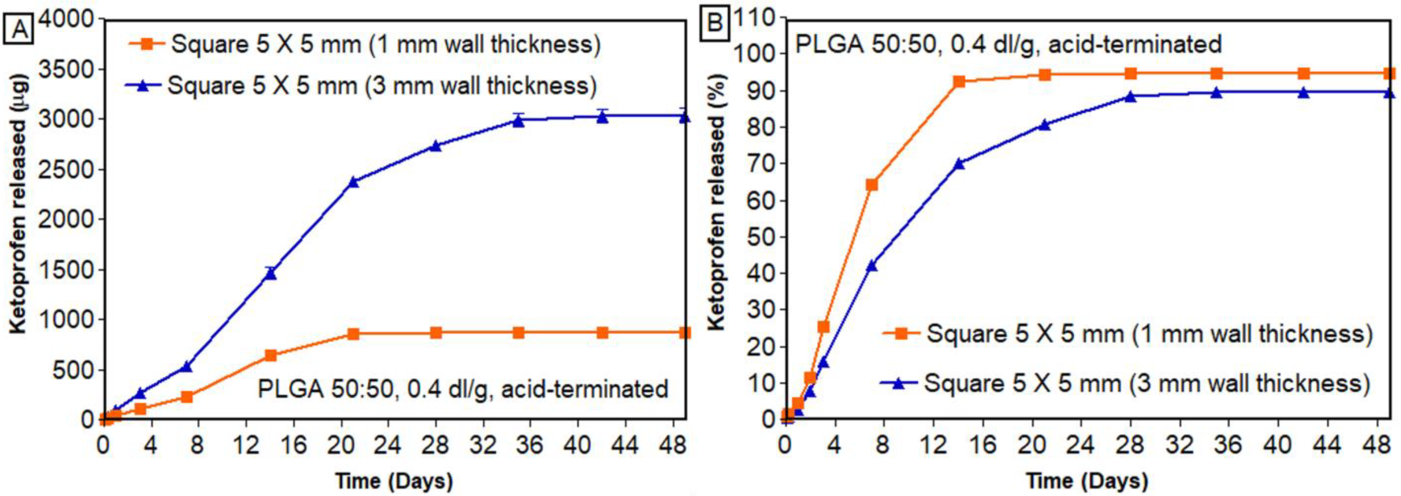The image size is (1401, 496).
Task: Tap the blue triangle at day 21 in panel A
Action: pyautogui.click(x=353, y=182)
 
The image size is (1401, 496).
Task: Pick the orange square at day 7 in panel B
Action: pyautogui.click(x=871, y=185)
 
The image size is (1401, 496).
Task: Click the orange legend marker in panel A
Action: pyautogui.click(x=146, y=44)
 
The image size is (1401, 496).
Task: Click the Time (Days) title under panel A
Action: pyautogui.click(x=394, y=481)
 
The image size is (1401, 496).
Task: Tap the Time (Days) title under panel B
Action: pyautogui.click(x=1087, y=481)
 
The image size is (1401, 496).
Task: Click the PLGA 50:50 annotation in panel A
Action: pyautogui.click(x=463, y=389)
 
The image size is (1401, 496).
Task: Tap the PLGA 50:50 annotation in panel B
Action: pyautogui.click(x=1008, y=44)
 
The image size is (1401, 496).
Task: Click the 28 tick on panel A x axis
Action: pyautogui.click(x=436, y=446)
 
